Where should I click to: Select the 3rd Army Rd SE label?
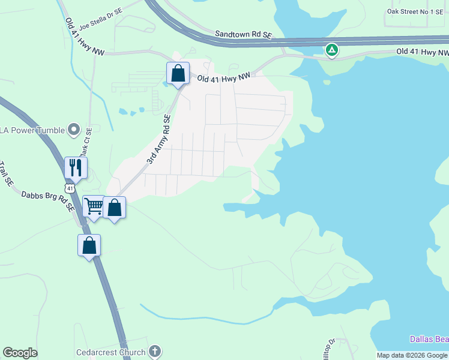pyautogui.click(x=159, y=140)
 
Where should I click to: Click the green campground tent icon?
pyautogui.click(x=331, y=50)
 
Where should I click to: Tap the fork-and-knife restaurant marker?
pyautogui.click(x=76, y=167)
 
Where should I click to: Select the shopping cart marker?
pyautogui.click(x=94, y=207)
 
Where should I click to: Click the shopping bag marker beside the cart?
pyautogui.click(x=115, y=208)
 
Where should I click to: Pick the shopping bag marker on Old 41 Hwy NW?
pyautogui.click(x=178, y=73)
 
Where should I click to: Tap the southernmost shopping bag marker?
pyautogui.click(x=89, y=245)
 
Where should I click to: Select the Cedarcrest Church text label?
pyautogui.click(x=111, y=352)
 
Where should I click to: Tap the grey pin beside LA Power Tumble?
pyautogui.click(x=74, y=129)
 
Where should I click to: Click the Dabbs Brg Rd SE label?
pyautogui.click(x=47, y=200)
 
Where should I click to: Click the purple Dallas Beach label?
pyautogui.click(x=429, y=339)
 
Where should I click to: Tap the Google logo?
pyautogui.click(x=20, y=353)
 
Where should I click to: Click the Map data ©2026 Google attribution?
pyautogui.click(x=412, y=355)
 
